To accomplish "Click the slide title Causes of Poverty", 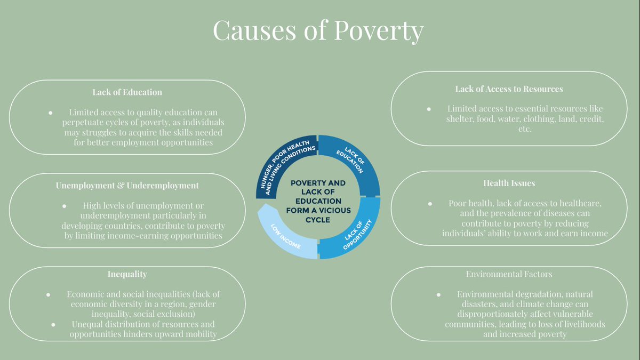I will (318, 30).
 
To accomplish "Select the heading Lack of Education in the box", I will (127, 92).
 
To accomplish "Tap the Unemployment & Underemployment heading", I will (127, 186).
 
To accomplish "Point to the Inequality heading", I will (127, 274).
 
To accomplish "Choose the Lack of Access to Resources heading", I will (509, 89).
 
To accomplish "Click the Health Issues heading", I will (509, 183).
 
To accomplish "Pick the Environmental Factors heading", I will (509, 274).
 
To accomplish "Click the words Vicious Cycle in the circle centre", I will (318, 215).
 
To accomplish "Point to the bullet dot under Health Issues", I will (429, 204).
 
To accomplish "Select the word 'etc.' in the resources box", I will (525, 129).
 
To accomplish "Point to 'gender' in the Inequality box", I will (204, 304).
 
